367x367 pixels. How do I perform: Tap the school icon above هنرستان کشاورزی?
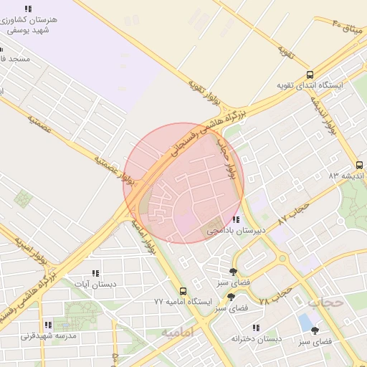(x=29, y=8)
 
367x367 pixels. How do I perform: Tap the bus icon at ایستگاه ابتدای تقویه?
(x=310, y=74)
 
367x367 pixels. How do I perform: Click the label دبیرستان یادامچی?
(x=237, y=231)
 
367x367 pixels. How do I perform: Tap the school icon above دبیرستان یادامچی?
(x=236, y=219)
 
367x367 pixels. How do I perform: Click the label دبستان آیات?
(x=96, y=284)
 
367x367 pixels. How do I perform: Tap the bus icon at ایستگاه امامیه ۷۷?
(x=183, y=291)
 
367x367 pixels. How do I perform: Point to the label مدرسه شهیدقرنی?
(x=48, y=335)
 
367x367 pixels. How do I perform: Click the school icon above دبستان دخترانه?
(x=256, y=328)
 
